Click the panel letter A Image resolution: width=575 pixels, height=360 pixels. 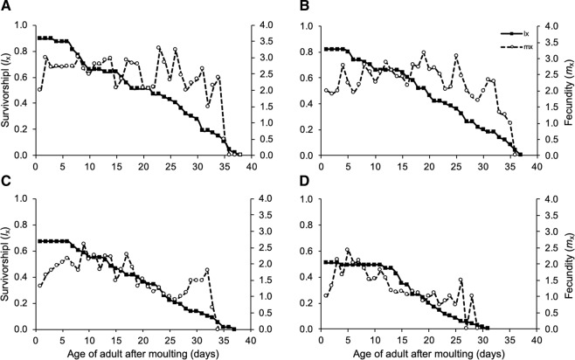point(6,7)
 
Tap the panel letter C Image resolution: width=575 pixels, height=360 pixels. point(6,187)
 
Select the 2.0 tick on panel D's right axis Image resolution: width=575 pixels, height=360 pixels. point(552,264)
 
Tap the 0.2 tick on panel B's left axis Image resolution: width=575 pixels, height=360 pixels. point(310,129)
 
